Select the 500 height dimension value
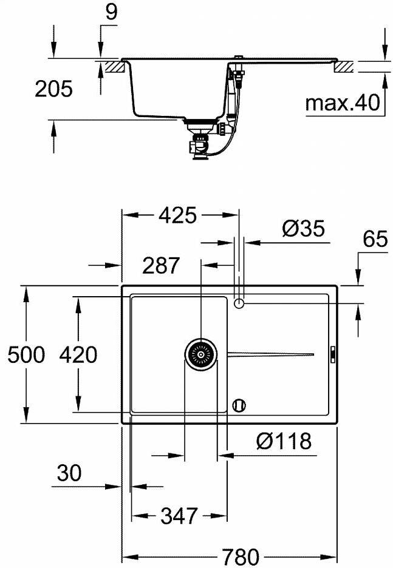[x=26, y=354]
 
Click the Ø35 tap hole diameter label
[x=304, y=229]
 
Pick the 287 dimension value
[x=161, y=265]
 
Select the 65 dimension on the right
[x=375, y=239]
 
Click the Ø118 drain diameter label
[x=283, y=441]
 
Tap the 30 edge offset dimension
[x=69, y=473]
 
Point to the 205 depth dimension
[x=53, y=89]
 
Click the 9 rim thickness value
[x=110, y=13]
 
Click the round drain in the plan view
[x=200, y=354]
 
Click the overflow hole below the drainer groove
[x=239, y=404]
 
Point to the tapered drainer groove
[x=270, y=354]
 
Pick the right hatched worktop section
[x=343, y=66]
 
